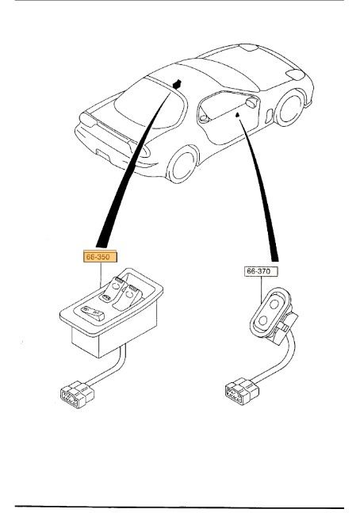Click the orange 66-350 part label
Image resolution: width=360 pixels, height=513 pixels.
tap(100, 257)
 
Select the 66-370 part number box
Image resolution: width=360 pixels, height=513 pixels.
tap(261, 271)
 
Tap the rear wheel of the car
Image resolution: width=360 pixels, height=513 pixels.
tap(182, 164)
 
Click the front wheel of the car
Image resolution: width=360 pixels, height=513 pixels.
tap(290, 108)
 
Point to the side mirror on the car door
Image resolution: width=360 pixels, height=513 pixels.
tap(252, 103)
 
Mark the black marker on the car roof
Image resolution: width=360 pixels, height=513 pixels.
tap(177, 84)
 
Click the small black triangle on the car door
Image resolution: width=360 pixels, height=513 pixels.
tap(238, 114)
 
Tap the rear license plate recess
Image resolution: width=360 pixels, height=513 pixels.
tap(103, 154)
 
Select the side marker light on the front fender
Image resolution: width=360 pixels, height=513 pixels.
tap(269, 116)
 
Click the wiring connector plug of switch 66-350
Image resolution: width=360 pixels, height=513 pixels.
tap(77, 394)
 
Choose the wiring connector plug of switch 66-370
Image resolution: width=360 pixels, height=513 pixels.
tap(242, 391)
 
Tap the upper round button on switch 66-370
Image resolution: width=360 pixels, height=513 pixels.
tap(274, 304)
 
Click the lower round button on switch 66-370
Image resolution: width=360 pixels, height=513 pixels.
tap(263, 320)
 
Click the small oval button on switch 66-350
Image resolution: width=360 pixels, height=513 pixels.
tap(105, 297)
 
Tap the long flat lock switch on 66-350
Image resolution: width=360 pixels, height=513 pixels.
tap(93, 313)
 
